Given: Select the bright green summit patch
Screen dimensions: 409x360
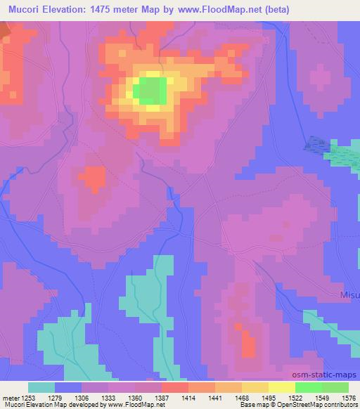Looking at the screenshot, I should tap(150, 90).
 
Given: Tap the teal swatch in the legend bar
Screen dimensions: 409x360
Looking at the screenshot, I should tap(41, 387).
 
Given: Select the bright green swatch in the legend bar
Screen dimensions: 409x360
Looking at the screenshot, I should tap(309, 387).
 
